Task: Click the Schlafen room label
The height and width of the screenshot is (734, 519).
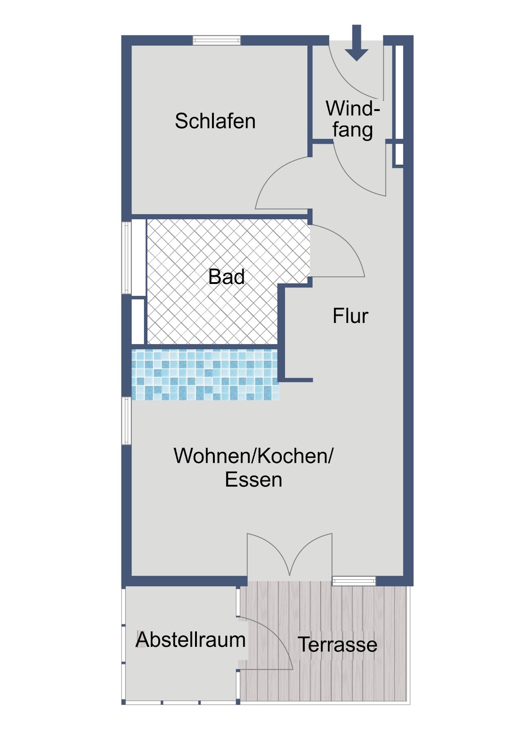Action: [x=215, y=121]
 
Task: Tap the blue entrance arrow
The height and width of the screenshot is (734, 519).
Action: [x=357, y=43]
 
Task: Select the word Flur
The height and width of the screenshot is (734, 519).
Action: [x=351, y=316]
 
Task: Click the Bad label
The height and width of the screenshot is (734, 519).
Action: [x=227, y=277]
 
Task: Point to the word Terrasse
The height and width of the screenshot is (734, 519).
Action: [x=337, y=645]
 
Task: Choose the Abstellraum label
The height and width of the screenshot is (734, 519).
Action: [x=190, y=639]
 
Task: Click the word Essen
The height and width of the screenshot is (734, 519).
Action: [x=253, y=480]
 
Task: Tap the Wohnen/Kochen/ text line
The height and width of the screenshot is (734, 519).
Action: [x=253, y=456]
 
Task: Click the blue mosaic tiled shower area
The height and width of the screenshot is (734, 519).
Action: [x=205, y=374]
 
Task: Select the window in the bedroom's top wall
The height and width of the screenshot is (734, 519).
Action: [x=217, y=40]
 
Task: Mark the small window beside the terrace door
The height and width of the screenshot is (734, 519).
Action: [x=354, y=581]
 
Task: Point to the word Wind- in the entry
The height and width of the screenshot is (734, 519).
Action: [x=353, y=108]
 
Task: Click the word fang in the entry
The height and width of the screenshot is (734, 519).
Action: [x=353, y=130]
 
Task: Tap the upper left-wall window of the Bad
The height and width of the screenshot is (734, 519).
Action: [x=127, y=257]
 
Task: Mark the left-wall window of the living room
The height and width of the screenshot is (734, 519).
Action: [x=127, y=421]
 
